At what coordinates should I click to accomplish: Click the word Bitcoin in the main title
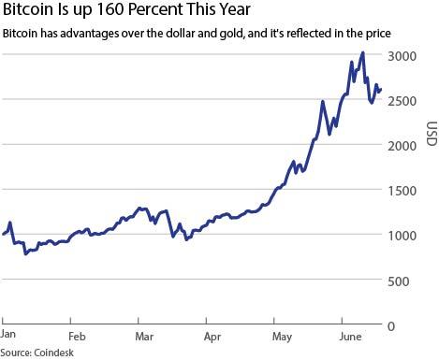(x=29, y=11)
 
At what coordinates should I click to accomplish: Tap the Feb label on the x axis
(x=77, y=335)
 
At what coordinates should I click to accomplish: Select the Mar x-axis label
(x=144, y=335)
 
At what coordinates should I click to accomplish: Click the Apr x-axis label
(x=212, y=335)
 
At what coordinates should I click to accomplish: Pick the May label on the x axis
(x=282, y=335)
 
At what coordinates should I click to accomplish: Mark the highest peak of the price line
(x=362, y=53)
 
